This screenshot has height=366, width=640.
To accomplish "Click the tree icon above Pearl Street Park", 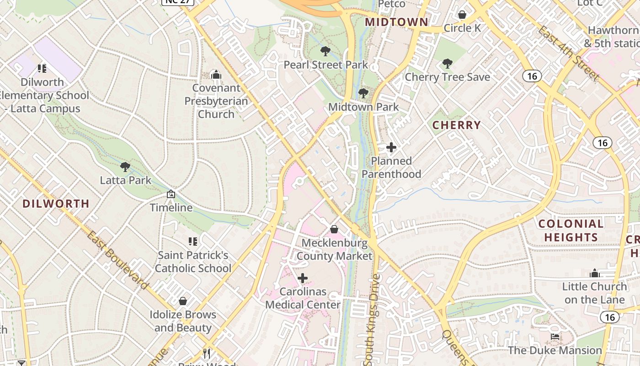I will [325, 51].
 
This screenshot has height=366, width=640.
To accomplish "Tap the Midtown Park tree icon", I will [363, 93].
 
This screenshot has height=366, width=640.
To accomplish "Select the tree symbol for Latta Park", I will [125, 167].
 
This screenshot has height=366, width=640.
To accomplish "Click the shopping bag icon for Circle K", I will [462, 15].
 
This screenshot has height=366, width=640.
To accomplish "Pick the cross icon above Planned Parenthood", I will [391, 147].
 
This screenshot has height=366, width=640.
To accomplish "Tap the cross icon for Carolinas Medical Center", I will [303, 278].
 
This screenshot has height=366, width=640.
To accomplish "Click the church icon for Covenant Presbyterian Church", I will [216, 74].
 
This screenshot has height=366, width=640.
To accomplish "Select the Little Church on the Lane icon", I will [595, 273].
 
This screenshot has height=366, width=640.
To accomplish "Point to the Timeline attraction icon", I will [171, 194].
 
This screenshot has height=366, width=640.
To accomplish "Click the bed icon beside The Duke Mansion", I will [555, 337].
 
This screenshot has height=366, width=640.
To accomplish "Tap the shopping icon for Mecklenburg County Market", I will [334, 229].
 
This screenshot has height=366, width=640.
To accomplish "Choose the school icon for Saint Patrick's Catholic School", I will [193, 241].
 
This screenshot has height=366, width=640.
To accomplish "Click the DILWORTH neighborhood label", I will [56, 204].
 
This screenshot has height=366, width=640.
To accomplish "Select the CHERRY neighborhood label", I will [456, 125].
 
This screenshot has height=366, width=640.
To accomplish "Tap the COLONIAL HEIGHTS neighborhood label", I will [571, 231].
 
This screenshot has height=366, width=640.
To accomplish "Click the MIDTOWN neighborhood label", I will [396, 22].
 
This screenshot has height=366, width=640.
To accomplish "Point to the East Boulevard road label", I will [118, 260].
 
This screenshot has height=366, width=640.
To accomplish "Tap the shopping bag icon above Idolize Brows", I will [183, 301].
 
